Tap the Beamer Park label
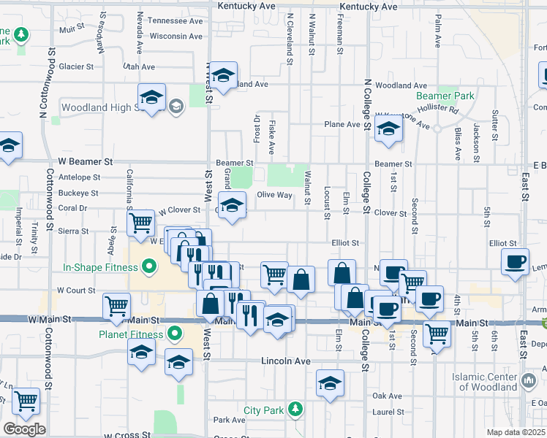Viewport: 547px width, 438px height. click(445, 96)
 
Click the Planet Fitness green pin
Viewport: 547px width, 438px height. click(174, 335)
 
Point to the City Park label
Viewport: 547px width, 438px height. click(263, 410)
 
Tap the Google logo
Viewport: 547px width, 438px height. click(24, 429)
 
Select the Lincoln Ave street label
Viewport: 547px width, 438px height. click(287, 361)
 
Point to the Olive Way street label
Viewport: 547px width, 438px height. click(274, 195)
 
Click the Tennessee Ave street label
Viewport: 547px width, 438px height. click(175, 21)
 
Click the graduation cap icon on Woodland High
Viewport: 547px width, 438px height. click(151, 98)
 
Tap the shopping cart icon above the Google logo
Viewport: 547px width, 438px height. click(26, 400)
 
